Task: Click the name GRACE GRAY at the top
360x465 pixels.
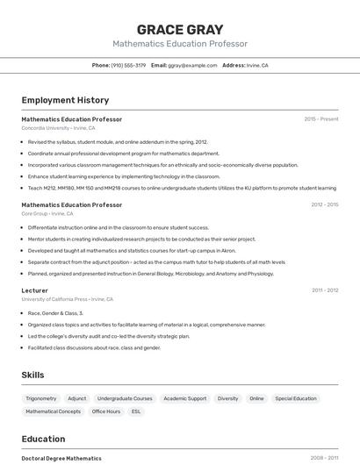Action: [180, 30]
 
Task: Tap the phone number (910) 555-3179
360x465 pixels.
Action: [128, 65]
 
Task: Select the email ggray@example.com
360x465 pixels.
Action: [192, 65]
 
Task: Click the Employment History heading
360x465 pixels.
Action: [65, 100]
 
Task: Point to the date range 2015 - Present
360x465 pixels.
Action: [320, 119]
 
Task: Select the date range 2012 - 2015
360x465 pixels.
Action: [324, 205]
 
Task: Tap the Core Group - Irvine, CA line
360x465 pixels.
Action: [47, 213]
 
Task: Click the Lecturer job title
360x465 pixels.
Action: [34, 290]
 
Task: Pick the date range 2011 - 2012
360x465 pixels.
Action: [324, 290]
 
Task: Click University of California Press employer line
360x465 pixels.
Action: [67, 299]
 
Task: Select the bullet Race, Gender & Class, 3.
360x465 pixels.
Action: [55, 313]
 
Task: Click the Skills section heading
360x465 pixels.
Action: [33, 375]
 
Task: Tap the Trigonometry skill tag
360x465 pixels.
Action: [41, 398]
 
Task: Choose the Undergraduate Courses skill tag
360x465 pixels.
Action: [125, 398]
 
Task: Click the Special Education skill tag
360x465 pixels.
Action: [295, 398]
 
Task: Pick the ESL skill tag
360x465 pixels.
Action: [136, 411]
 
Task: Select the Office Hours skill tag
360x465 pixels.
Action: [106, 411]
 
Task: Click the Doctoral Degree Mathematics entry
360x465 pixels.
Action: [61, 458]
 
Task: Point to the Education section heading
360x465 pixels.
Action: [43, 439]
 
